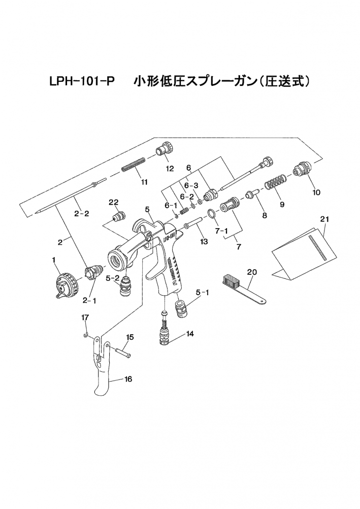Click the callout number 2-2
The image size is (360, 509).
pos(81,213)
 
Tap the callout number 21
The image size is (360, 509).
pos(324,219)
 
